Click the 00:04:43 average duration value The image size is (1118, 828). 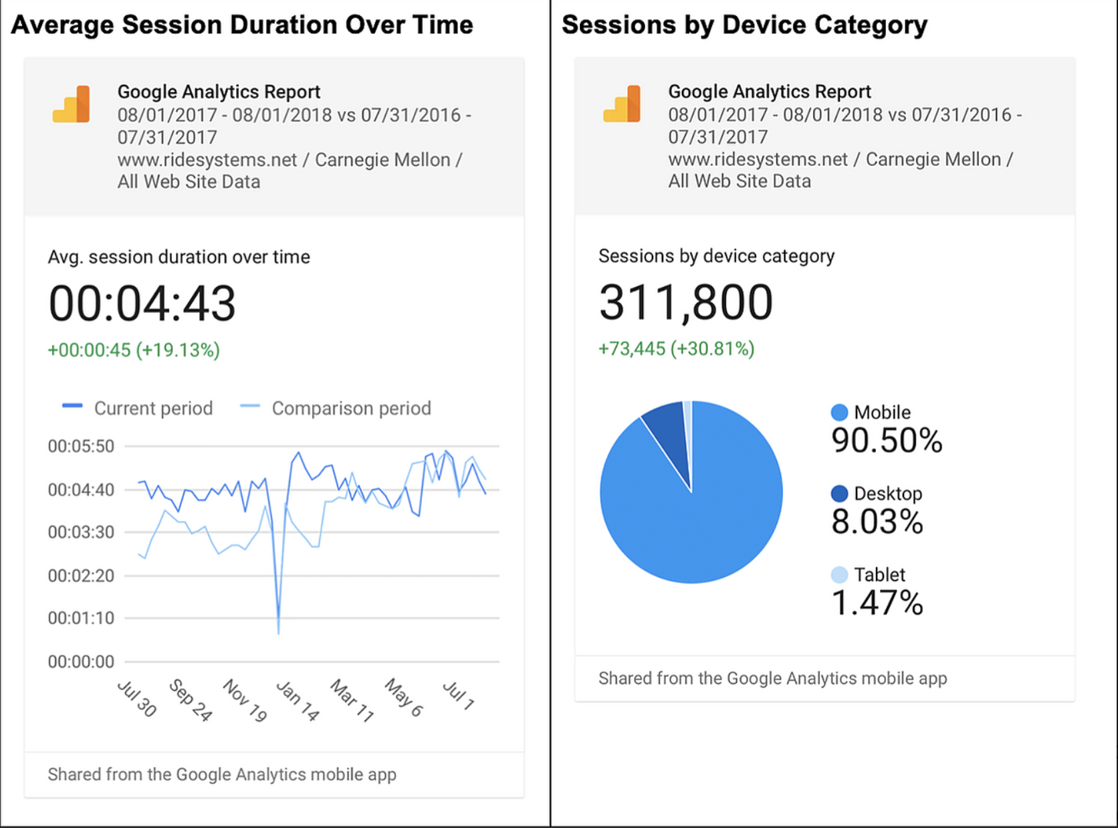coord(142,304)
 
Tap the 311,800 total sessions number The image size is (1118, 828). coord(685,303)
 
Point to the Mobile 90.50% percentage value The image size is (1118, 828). coord(886,441)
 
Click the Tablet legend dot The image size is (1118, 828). coord(839,575)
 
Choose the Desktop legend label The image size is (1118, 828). coord(887,494)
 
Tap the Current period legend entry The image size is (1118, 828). coord(138,408)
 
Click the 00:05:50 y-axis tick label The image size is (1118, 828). coord(81,446)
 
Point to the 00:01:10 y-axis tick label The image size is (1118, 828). coord(81,618)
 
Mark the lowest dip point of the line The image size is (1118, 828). coord(278,631)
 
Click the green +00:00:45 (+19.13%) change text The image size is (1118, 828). coord(134,350)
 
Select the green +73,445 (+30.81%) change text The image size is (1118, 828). coord(676,348)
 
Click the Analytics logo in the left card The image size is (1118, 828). coord(72,104)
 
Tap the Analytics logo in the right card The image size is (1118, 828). coord(622,104)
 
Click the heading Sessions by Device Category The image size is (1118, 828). coord(744,25)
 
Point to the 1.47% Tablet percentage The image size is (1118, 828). coord(877,603)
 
